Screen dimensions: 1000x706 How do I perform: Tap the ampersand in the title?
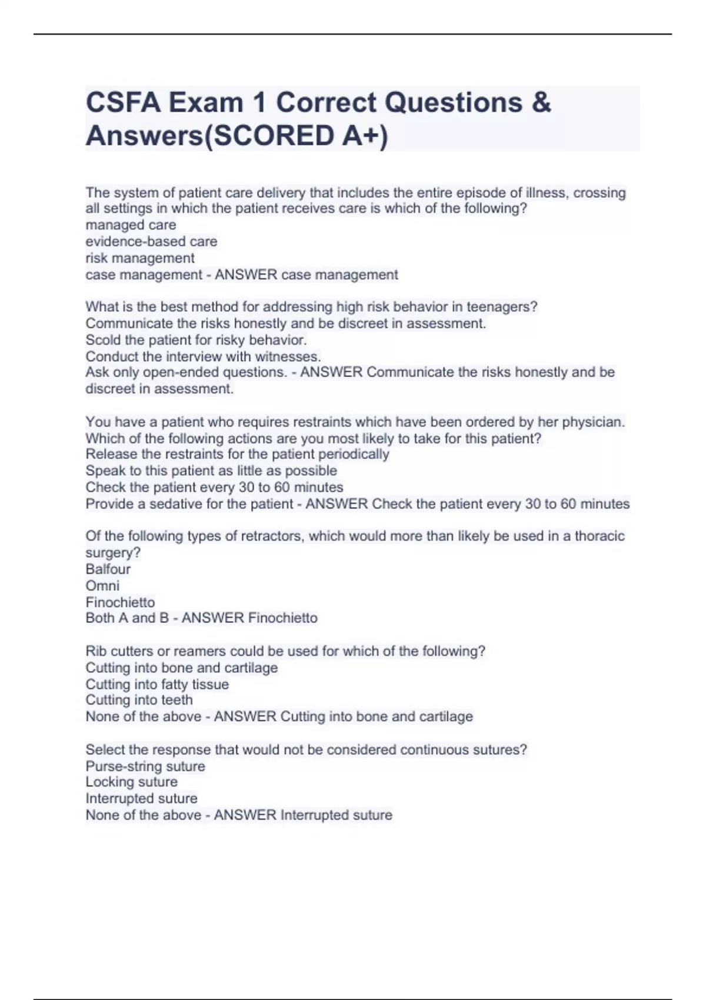[x=541, y=103]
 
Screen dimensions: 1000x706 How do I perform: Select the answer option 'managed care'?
[x=131, y=225]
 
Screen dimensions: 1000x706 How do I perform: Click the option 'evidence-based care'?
[x=151, y=242]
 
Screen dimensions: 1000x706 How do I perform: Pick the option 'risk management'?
[x=140, y=258]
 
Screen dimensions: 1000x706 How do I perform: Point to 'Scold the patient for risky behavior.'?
[x=196, y=340]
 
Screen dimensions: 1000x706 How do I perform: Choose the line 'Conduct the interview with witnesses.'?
[x=203, y=356]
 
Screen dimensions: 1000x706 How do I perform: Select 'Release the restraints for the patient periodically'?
[x=237, y=454]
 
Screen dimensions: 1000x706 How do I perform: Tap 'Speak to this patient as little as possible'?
[x=211, y=471]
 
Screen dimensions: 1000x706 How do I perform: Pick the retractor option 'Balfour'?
[x=108, y=569]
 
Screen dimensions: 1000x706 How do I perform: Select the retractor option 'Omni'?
[x=102, y=586]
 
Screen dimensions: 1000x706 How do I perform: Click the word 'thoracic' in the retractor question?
[x=600, y=536]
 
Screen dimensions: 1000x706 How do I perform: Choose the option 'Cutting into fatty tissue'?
[x=157, y=685]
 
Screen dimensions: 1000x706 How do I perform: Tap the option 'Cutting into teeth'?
[x=139, y=700]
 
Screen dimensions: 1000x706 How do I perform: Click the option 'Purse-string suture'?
[x=145, y=766]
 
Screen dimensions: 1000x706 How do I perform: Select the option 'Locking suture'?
[x=131, y=782]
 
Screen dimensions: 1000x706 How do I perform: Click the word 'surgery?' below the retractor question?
[x=113, y=553]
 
